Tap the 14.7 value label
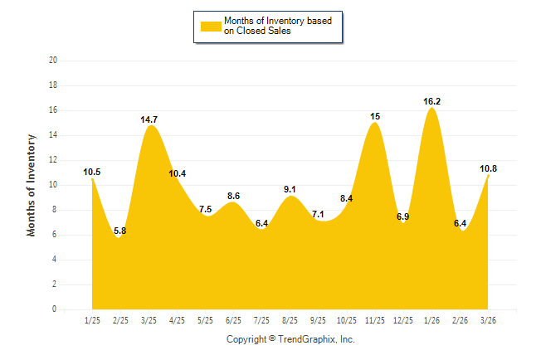tap(149, 119)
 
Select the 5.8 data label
tap(120, 231)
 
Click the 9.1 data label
tap(290, 189)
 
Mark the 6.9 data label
tap(403, 216)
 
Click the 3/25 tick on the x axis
tap(149, 319)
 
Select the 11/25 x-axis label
tap(375, 319)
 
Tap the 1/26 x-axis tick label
tap(432, 319)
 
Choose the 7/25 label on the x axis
tap(262, 319)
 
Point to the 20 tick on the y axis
tap(53, 61)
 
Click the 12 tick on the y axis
tap(53, 160)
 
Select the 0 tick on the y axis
tap(55, 309)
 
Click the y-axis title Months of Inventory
tap(32, 185)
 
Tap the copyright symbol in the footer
tap(273, 338)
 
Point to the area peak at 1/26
tap(432, 109)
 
